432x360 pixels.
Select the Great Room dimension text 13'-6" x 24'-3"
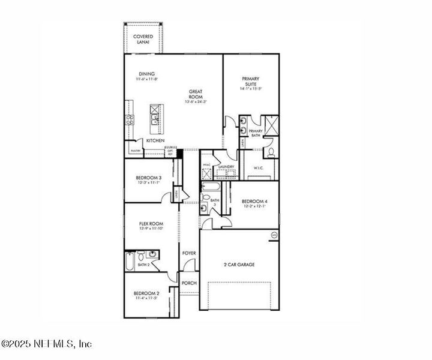point(196,102)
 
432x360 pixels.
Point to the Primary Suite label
point(251,82)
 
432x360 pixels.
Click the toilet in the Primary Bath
point(271,150)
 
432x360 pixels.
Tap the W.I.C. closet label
point(260,167)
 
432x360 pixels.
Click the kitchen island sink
point(155,120)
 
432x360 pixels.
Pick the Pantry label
point(136,151)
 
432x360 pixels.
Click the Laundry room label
point(226,167)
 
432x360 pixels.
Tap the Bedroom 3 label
point(148,178)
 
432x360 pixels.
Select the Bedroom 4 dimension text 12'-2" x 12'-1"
point(254,207)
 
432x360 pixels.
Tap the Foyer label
point(189,253)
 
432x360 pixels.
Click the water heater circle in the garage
point(275,235)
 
